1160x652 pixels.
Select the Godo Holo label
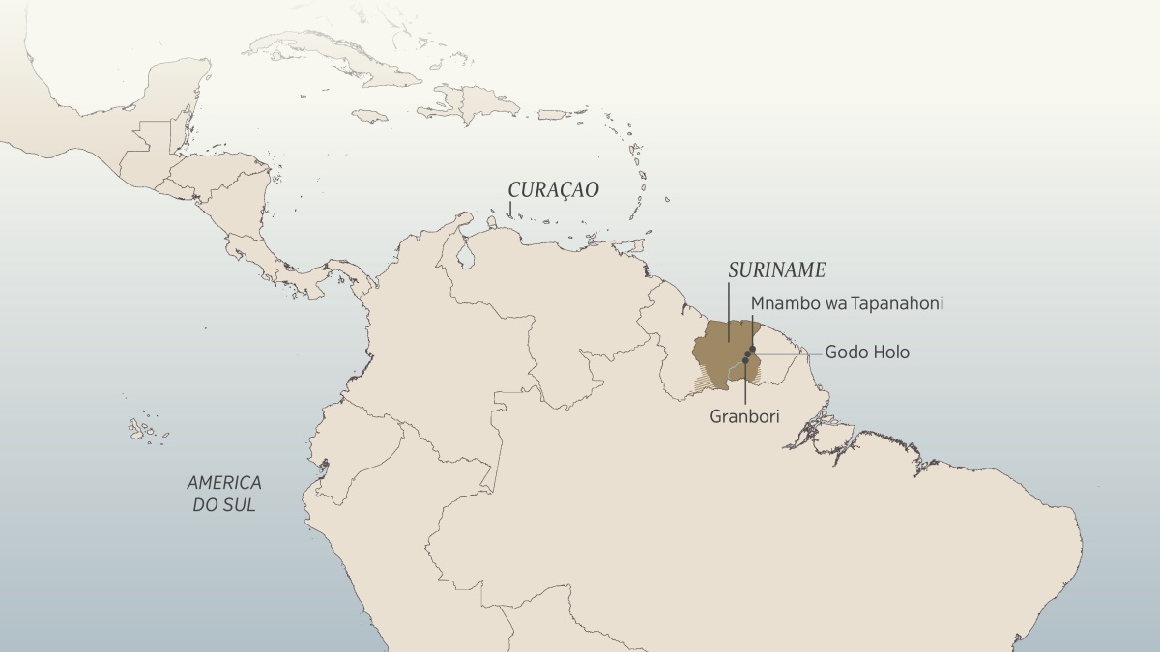coord(867,353)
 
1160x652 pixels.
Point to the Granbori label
coord(744,416)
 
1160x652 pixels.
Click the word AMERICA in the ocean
coord(224,482)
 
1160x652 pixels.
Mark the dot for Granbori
coord(745,361)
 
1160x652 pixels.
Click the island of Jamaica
coord(368,115)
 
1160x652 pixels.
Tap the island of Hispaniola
coord(474,99)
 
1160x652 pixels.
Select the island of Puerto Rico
coord(551,115)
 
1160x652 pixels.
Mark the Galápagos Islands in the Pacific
coord(143,427)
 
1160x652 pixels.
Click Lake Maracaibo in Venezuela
coord(468,256)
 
